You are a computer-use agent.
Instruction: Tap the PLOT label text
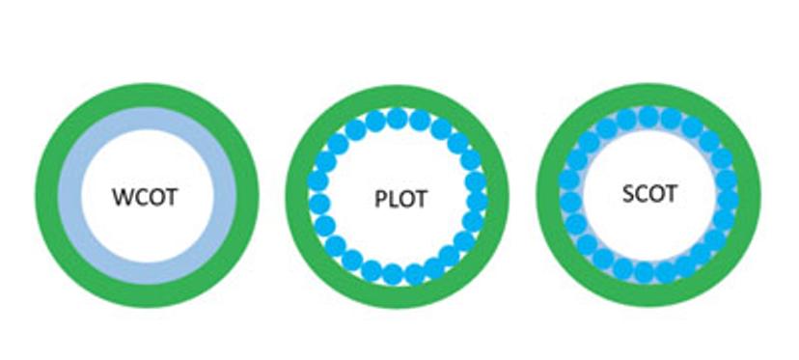399,200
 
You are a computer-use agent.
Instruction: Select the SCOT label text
649,193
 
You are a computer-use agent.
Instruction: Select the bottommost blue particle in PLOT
394,274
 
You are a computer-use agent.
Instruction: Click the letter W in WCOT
124,196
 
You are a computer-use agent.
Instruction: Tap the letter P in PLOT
379,200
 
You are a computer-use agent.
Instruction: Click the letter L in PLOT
391,200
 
